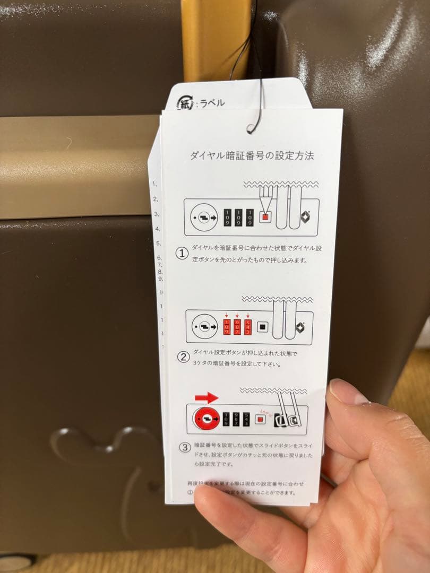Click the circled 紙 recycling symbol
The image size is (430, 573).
(184, 103)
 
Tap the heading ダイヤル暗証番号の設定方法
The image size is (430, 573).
(252, 156)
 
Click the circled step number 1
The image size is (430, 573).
(182, 254)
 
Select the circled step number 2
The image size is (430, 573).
(182, 357)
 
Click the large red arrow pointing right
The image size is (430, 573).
(207, 398)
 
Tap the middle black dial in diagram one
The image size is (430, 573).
(238, 217)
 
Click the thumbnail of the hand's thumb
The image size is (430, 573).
(346, 393)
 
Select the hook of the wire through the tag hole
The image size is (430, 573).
(254, 125)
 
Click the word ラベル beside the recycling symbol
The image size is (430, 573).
(211, 103)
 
